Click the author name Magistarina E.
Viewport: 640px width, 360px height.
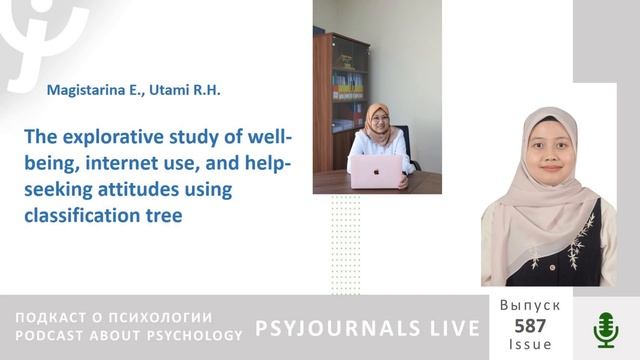[89, 90]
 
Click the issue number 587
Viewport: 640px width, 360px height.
[530, 325]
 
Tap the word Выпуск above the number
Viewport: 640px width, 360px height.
[530, 306]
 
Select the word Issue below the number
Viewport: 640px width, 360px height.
[530, 344]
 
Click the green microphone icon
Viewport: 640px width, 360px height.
[605, 328]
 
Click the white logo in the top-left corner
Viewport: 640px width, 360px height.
[40, 35]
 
